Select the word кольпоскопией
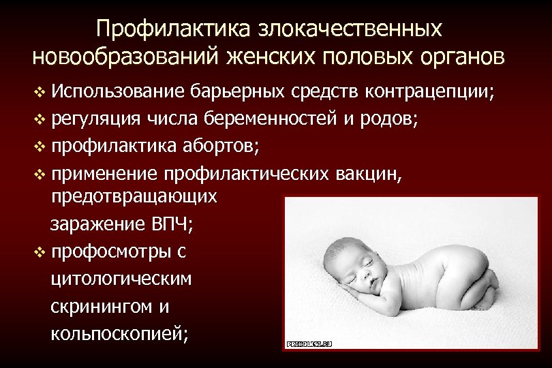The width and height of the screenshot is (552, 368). (118, 334)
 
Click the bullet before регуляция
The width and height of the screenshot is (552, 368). (37, 121)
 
